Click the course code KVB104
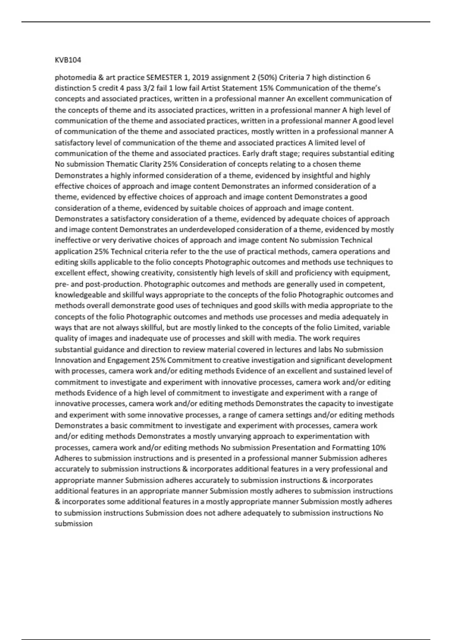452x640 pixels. (68, 60)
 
